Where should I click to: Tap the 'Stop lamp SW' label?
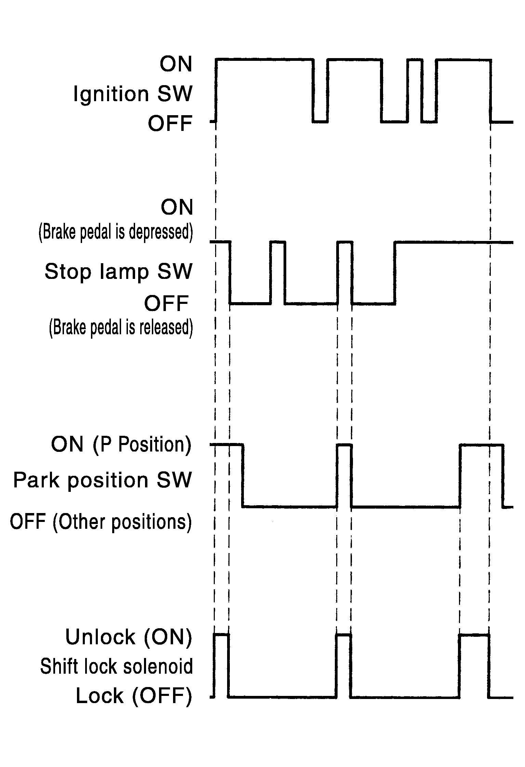(118, 272)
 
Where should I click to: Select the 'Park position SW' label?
(102, 480)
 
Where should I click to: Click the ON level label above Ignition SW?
(176, 64)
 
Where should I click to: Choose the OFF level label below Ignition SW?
(170, 123)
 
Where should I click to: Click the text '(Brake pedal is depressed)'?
(116, 232)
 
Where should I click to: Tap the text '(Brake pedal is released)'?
(121, 327)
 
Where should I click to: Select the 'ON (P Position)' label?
(121, 444)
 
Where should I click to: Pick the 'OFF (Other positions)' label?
(101, 522)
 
